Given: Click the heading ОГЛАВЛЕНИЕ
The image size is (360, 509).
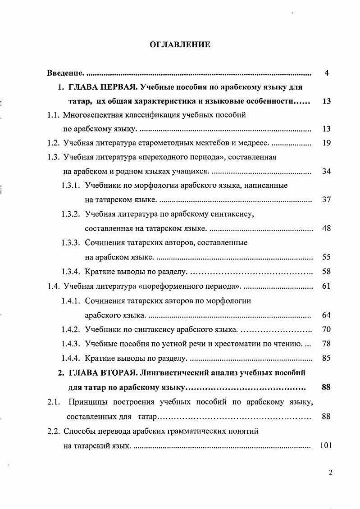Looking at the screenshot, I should point(180,45).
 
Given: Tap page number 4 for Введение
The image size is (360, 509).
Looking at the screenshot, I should point(327,73).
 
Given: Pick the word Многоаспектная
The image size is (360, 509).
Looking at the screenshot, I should point(91,115).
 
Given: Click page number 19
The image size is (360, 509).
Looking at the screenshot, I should point(327,143).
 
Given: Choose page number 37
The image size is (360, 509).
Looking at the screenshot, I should point(327,200).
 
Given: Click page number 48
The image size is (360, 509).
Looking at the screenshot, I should point(327,228).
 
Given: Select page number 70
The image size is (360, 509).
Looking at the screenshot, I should point(327,329).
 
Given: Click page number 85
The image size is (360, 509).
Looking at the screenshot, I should point(327,358).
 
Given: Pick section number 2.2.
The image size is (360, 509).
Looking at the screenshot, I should point(54,431).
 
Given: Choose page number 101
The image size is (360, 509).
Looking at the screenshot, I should point(325,446).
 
